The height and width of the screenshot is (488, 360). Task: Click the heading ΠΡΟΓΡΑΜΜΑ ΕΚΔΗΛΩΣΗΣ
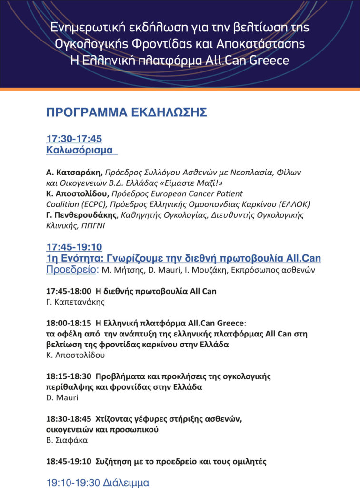pyautogui.click(x=126, y=112)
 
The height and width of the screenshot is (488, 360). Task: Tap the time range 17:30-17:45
pyautogui.click(x=74, y=139)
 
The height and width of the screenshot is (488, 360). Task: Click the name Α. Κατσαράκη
pyautogui.click(x=73, y=172)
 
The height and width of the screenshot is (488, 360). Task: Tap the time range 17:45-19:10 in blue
pyautogui.click(x=74, y=247)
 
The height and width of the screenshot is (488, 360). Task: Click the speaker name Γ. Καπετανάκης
pyautogui.click(x=75, y=302)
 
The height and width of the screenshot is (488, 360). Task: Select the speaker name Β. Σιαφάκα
pyautogui.click(x=67, y=440)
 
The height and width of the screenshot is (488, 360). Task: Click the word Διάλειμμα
pyautogui.click(x=126, y=482)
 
